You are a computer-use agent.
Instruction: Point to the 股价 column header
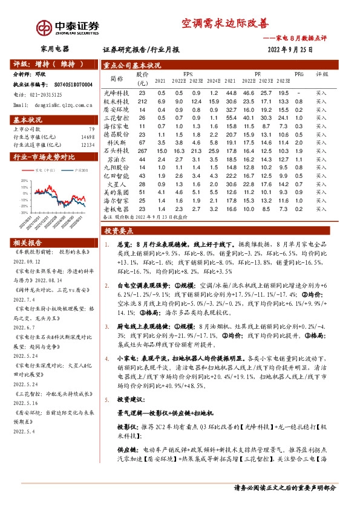tap(143, 78)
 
